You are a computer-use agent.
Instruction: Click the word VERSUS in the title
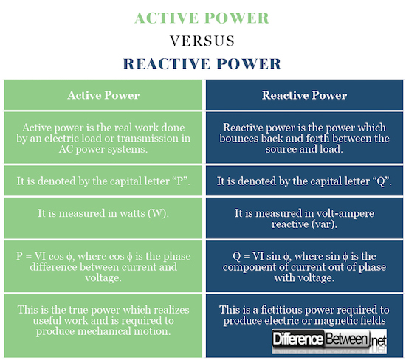point(202,41)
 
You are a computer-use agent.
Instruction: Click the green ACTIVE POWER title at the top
point(202,18)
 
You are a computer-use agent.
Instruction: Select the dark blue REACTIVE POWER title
point(202,64)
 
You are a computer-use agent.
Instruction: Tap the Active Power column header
point(103,95)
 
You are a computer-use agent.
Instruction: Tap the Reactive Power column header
point(304,95)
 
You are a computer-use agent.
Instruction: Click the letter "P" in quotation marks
point(180,181)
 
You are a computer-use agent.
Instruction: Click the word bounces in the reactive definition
point(238,139)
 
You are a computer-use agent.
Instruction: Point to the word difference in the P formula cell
point(53,267)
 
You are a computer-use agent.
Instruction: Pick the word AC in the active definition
point(66,149)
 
